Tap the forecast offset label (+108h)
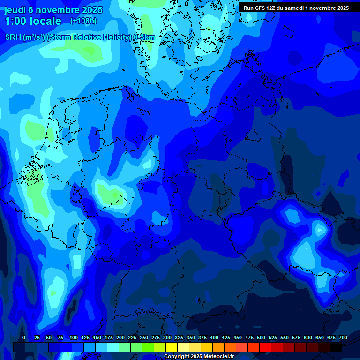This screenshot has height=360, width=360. tap(83, 21)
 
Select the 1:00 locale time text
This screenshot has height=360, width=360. tap(33, 21)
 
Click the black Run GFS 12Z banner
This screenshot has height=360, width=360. tap(296, 7)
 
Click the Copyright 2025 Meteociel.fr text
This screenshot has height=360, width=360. tap(199, 357)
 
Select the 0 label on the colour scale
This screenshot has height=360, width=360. tap(24, 337)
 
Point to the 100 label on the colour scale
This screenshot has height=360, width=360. tap(74, 337)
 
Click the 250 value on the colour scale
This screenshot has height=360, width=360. tap(144, 337)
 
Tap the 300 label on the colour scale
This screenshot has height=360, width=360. tap(167, 337)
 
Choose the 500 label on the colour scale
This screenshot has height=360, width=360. tap(261, 337)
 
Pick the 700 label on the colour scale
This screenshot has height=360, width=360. tap(343, 337)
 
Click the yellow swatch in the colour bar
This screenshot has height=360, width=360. tap(172, 347)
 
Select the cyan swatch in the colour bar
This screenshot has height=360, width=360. tap(113, 347)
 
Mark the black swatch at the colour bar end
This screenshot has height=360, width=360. tap(336, 347)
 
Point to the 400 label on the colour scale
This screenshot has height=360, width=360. tap(214, 337)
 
